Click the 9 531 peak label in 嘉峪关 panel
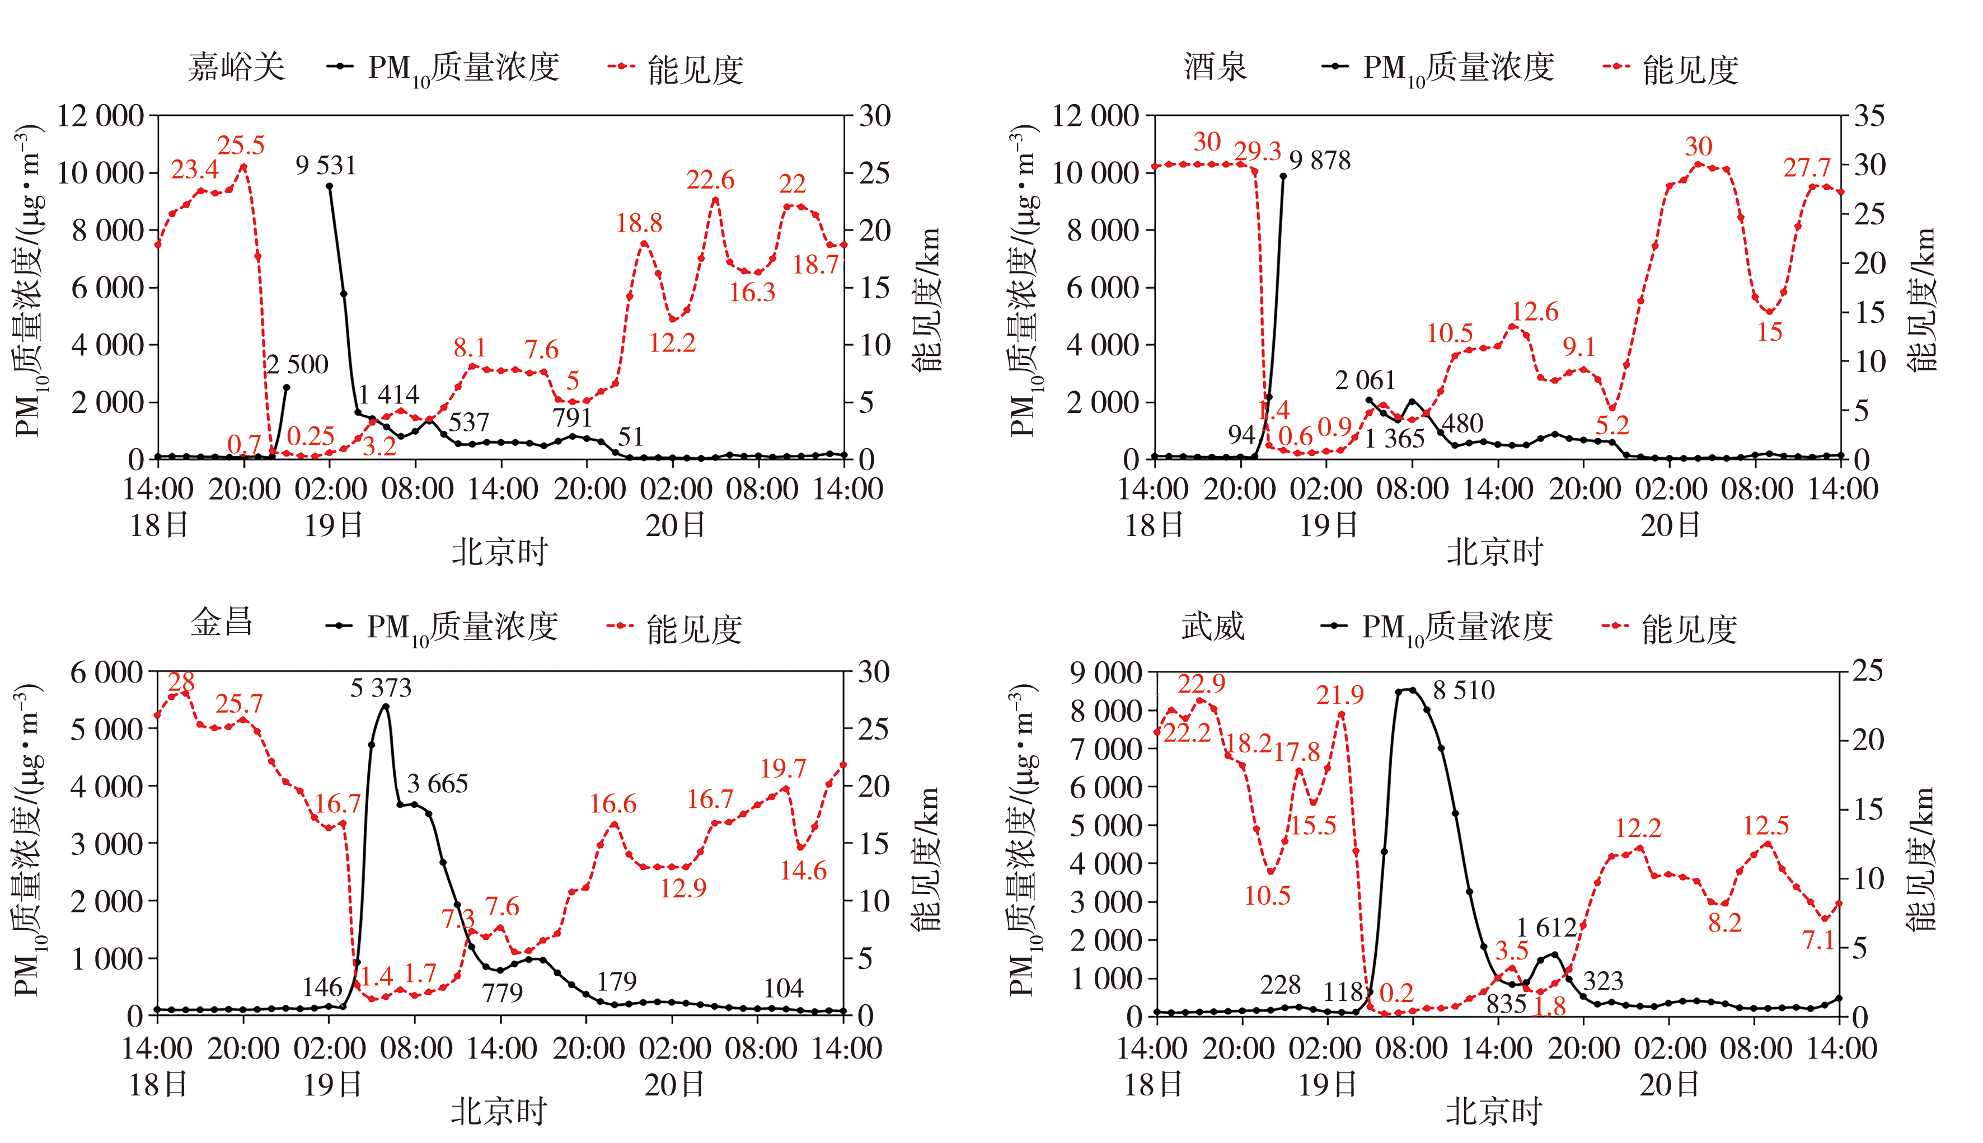[326, 166]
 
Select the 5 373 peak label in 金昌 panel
[381, 689]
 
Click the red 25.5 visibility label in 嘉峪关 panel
[241, 145]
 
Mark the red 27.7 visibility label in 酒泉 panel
[1807, 167]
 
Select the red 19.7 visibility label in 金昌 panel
[783, 769]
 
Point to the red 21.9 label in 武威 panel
[1340, 695]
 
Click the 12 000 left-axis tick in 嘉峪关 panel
[101, 116]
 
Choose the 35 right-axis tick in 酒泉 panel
[1869, 116]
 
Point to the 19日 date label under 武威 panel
[1327, 1085]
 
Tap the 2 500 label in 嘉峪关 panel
[298, 364]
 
